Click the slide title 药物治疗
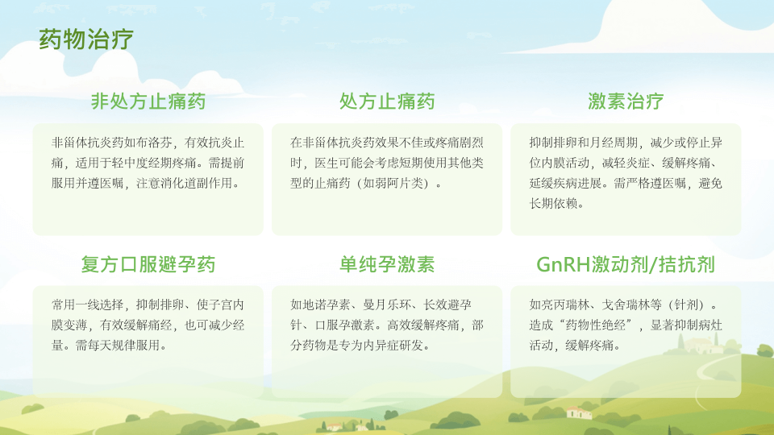(x=86, y=39)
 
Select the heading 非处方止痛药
(x=148, y=101)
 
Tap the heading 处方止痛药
(x=387, y=101)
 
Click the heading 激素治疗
(x=626, y=101)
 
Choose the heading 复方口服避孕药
(x=148, y=264)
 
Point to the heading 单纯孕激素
(x=387, y=264)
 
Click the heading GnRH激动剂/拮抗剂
(x=626, y=264)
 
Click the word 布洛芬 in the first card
(x=154, y=143)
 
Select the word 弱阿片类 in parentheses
(x=399, y=183)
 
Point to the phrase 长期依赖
(x=553, y=203)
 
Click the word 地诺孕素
(x=327, y=304)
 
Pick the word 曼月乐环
(x=387, y=304)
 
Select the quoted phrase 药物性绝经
(x=595, y=325)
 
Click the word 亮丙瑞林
(x=565, y=304)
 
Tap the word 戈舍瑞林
(x=626, y=304)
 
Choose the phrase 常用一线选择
(x=87, y=304)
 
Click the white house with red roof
(x=578, y=412)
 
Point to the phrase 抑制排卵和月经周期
(x=584, y=143)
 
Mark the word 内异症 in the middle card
(x=381, y=346)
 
